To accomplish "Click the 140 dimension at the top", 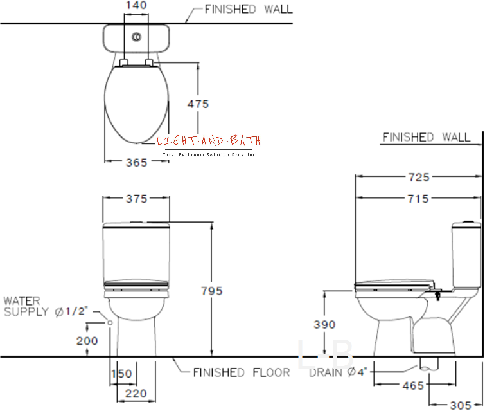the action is point(136,5).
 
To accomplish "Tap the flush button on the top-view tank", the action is point(136,37).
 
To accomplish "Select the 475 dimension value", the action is point(198,104).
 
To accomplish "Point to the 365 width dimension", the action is point(136,163).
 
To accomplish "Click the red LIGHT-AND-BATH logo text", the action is point(209,141).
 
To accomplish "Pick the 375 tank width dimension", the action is point(136,199).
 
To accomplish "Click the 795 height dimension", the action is point(212,291).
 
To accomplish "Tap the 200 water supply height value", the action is point(87,341).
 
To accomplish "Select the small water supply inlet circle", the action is point(110,323).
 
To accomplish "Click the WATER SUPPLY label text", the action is point(26,306).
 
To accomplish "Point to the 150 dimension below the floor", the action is point(122,374).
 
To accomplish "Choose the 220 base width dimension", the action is point(136,394).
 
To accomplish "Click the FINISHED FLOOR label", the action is point(242,372).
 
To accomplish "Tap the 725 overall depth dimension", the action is point(419,178).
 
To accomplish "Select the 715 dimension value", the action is point(418,199).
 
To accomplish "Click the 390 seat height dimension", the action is point(324,325).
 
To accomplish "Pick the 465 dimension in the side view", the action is point(413,386).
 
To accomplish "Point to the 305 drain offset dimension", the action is point(461,405).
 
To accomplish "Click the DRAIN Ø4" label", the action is point(338,372).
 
